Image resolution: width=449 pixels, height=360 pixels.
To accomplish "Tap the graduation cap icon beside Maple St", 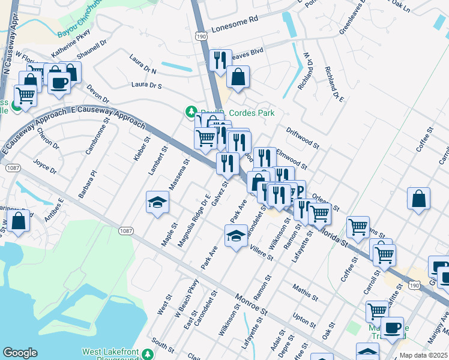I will coord(157,202).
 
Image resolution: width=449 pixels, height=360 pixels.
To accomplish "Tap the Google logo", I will coord(20,353).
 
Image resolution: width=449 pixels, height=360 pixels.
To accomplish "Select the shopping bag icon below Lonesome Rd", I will coord(238,78).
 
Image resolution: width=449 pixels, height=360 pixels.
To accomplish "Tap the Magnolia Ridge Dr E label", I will coord(193,221).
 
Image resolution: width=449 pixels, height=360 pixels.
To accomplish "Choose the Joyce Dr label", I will coord(45,166).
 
